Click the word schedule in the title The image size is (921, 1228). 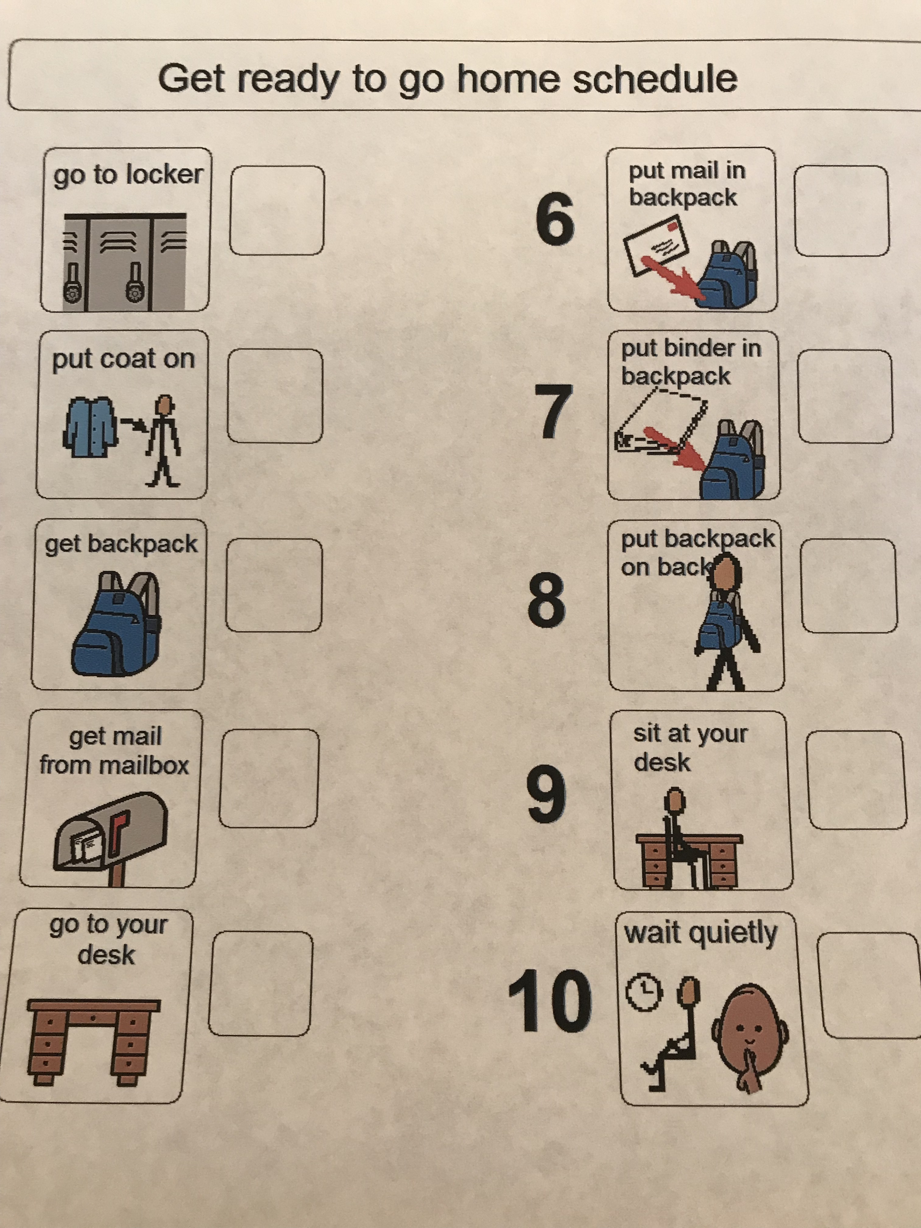[x=655, y=80]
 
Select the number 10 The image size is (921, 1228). [x=550, y=1001]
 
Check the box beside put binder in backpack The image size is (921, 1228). [x=845, y=396]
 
